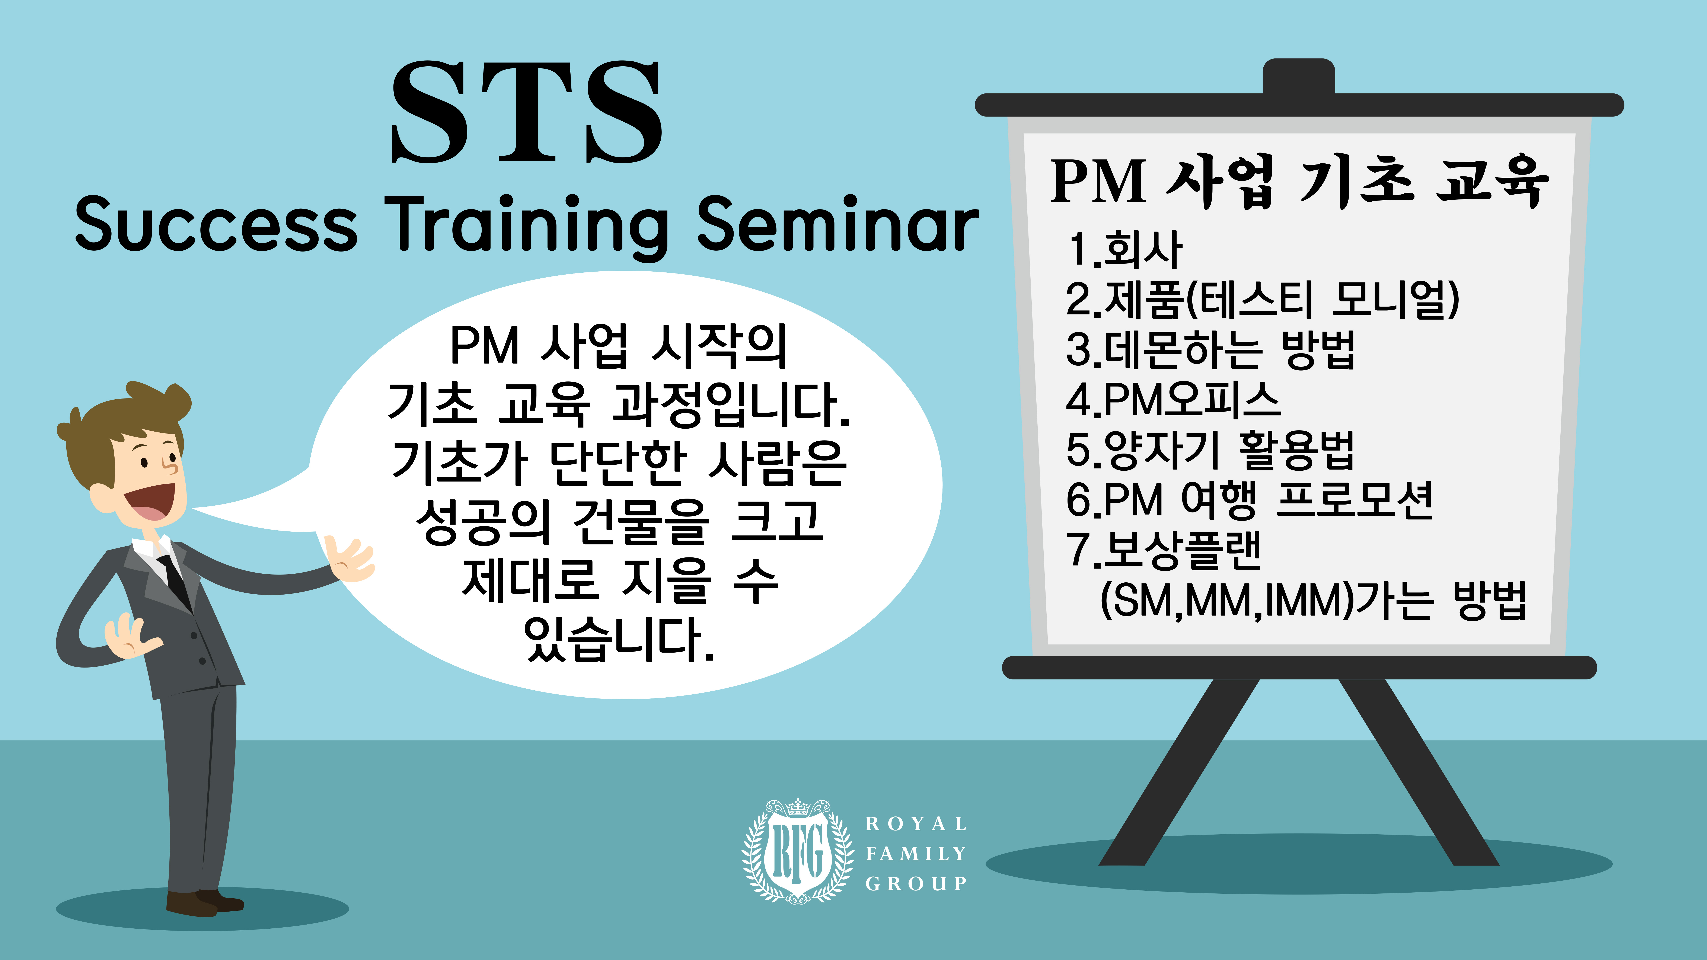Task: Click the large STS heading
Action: (x=527, y=113)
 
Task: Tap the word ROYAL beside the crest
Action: (x=916, y=824)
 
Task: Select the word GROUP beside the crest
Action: (x=916, y=883)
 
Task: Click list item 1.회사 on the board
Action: (x=1124, y=250)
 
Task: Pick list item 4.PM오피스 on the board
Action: (x=1173, y=400)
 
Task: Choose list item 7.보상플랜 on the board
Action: (x=1164, y=550)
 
